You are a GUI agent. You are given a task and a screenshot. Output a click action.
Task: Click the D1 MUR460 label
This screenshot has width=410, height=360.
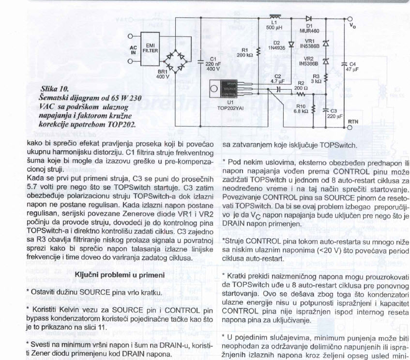tap(312, 28)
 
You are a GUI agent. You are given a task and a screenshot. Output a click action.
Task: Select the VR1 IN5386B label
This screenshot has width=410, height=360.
tap(310, 44)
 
